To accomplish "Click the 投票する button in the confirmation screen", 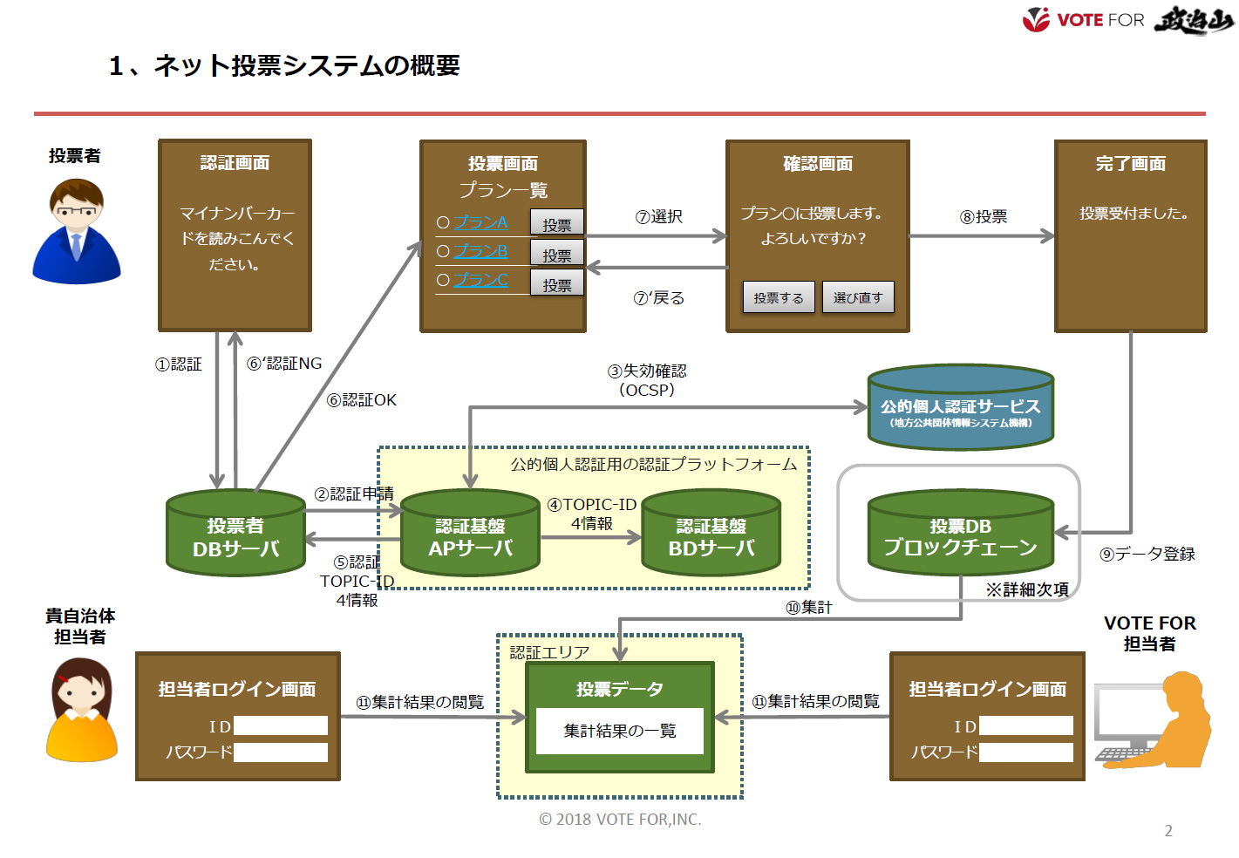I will point(779,297).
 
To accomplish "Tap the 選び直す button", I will point(858,297).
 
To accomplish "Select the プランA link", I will point(480,222).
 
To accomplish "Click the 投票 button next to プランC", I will point(556,284).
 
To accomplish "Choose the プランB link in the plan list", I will point(480,251).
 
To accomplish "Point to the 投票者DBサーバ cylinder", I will point(235,534).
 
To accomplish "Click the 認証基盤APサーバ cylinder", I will point(470,534).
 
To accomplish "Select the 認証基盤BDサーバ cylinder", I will point(711,534).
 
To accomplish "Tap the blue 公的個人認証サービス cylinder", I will point(960,408).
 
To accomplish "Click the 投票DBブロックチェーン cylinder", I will point(960,534).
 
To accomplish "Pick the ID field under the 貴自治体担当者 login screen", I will point(280,725).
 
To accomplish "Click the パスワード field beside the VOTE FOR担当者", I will point(1025,752).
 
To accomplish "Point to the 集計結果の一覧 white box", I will point(619,731).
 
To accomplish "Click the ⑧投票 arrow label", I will point(984,216).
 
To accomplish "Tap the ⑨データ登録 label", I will point(1147,554).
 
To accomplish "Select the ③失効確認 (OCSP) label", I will point(647,380).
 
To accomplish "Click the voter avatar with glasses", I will point(77,231).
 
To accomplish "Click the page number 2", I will point(1168,831).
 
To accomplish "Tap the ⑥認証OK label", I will point(361,400).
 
